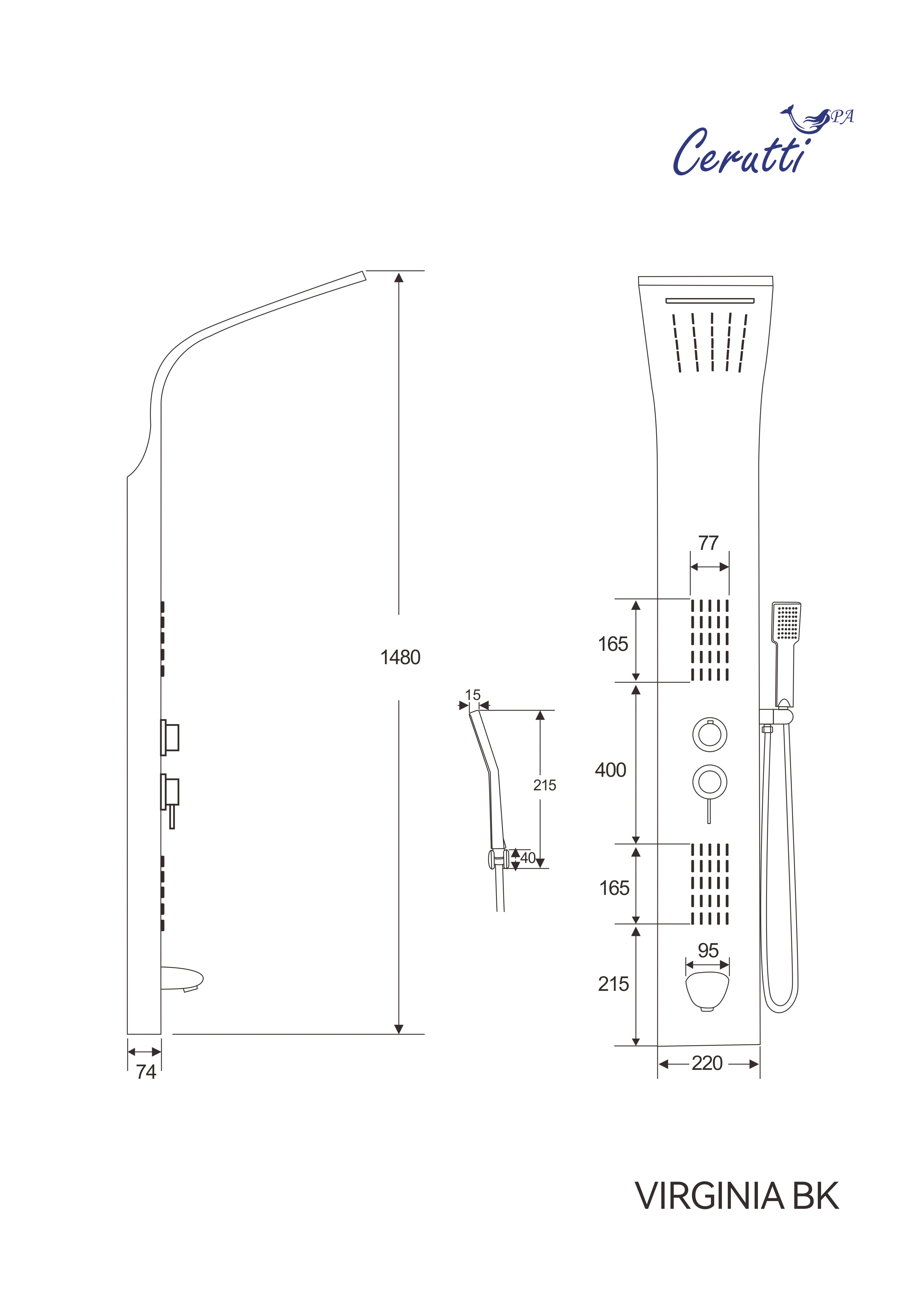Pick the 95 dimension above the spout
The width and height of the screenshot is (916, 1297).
pos(708,950)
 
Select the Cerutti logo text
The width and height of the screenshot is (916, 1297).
pos(739,153)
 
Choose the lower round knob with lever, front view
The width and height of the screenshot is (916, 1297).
pos(709,782)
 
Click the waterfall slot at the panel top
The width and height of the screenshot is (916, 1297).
pos(709,301)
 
